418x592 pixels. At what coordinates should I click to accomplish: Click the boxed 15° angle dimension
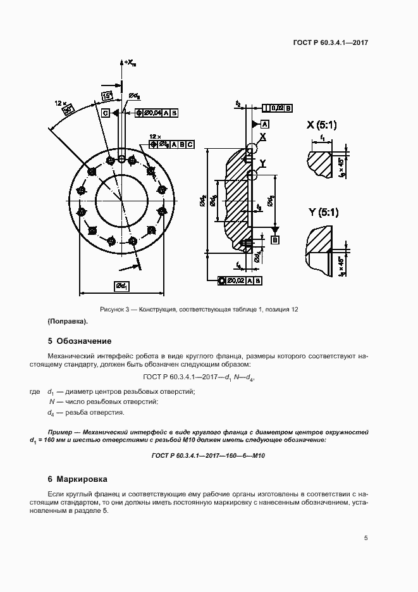click(x=108, y=96)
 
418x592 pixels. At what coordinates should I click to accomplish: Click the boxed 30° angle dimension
click(x=69, y=110)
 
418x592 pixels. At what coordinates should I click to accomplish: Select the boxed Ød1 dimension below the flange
click(x=121, y=287)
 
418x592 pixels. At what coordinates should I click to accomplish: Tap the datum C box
click(x=106, y=113)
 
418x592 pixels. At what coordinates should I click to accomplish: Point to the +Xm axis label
click(x=130, y=62)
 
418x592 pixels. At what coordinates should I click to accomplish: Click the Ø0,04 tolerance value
click(x=152, y=113)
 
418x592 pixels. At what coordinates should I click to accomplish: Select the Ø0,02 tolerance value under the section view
click(x=235, y=280)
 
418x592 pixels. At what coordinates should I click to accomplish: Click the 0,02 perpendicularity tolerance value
click(x=277, y=108)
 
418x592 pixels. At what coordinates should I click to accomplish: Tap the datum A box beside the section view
click(x=264, y=123)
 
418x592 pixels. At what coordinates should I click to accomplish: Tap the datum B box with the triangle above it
click(x=275, y=239)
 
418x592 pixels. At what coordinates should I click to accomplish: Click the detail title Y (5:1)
click(x=323, y=213)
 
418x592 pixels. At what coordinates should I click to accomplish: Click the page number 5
click(x=366, y=538)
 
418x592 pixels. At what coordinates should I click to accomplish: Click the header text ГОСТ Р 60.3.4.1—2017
click(x=331, y=43)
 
